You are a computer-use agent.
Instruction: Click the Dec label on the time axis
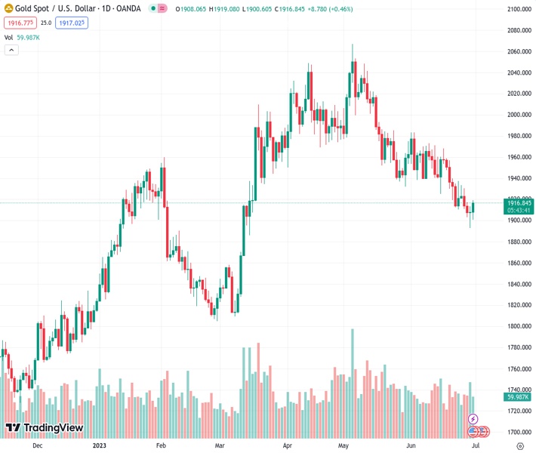(37, 446)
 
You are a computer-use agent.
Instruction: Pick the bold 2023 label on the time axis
(100, 446)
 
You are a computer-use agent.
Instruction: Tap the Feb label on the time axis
(161, 446)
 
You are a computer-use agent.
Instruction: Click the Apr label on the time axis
(288, 446)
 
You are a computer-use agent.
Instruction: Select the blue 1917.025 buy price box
(71, 23)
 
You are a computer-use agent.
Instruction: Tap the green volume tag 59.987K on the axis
(519, 397)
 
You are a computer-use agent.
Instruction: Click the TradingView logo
(45, 428)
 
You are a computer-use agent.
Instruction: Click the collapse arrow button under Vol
(11, 50)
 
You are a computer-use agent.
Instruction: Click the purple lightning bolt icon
(473, 418)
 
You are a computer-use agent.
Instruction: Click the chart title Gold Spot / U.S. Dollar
(53, 9)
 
